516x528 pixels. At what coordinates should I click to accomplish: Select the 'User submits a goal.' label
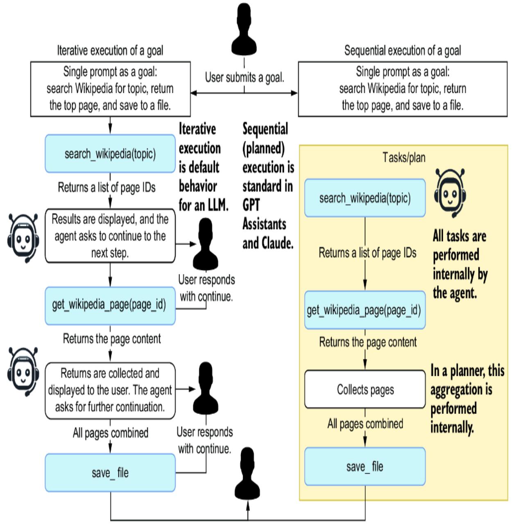click(x=244, y=77)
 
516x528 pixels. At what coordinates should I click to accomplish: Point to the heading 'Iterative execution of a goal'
click(x=110, y=51)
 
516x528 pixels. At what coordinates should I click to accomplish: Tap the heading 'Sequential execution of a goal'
click(x=403, y=51)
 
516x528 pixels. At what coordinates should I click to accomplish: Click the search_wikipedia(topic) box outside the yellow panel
click(x=110, y=154)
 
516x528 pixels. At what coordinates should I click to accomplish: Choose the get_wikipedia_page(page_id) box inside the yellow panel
click(x=364, y=310)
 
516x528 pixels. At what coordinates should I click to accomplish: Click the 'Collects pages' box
click(x=365, y=389)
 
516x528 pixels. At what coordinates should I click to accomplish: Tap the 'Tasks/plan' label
click(x=404, y=157)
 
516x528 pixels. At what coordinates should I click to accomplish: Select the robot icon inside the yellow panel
click(x=450, y=192)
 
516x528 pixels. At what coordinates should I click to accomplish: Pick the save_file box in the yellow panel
click(x=364, y=466)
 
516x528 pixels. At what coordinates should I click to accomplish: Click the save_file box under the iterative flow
click(x=110, y=473)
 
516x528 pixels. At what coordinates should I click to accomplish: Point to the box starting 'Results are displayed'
click(x=110, y=236)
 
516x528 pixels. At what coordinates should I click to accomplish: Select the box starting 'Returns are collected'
click(x=110, y=390)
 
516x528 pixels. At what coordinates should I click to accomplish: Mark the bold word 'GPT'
click(x=251, y=205)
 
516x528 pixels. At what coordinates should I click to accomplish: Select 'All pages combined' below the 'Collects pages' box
click(x=365, y=424)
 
